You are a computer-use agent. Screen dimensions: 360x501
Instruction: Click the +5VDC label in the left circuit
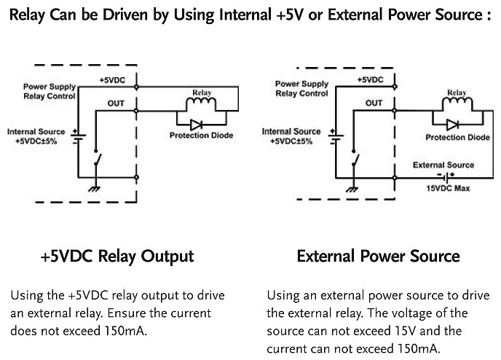point(113,79)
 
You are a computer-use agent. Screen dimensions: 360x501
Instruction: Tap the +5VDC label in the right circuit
point(371,79)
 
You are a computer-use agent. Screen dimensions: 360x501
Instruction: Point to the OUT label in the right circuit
point(374,103)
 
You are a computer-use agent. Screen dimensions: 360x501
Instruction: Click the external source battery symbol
point(443,176)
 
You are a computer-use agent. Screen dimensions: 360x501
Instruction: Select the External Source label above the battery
point(443,165)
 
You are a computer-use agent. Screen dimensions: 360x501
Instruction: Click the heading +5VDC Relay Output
point(117,257)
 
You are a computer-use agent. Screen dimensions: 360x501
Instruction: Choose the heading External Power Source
point(378,257)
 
